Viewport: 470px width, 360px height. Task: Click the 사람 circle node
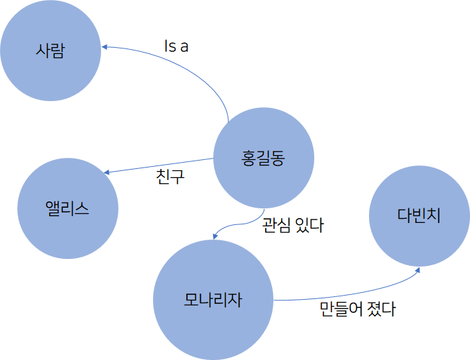51,51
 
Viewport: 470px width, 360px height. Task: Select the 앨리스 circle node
67,208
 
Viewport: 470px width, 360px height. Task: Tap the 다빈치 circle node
419,215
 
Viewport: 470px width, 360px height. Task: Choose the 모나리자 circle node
213,300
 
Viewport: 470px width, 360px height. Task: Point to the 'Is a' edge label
177,46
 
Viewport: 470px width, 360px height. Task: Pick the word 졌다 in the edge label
383,309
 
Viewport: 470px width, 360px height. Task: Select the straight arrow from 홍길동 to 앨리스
159,164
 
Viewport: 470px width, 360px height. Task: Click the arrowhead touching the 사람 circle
105,46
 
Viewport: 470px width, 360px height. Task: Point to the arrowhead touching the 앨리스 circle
105,172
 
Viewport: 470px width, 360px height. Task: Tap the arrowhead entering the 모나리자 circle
215,236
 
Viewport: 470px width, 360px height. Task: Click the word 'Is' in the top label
169,46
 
